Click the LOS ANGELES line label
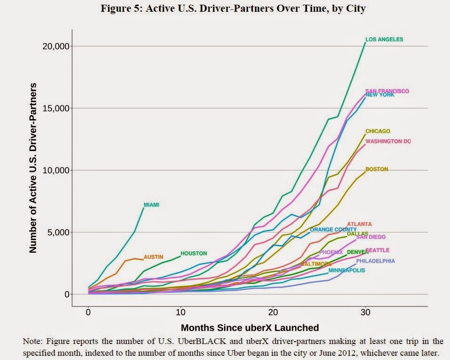(384, 40)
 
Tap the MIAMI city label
(151, 205)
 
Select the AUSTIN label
(153, 257)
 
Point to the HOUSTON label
(193, 254)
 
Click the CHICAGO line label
(378, 131)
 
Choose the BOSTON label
(376, 169)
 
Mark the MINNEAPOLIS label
(346, 271)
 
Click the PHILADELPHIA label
(375, 261)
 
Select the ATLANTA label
(360, 224)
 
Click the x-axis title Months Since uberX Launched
(250, 328)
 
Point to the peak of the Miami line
(144, 207)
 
